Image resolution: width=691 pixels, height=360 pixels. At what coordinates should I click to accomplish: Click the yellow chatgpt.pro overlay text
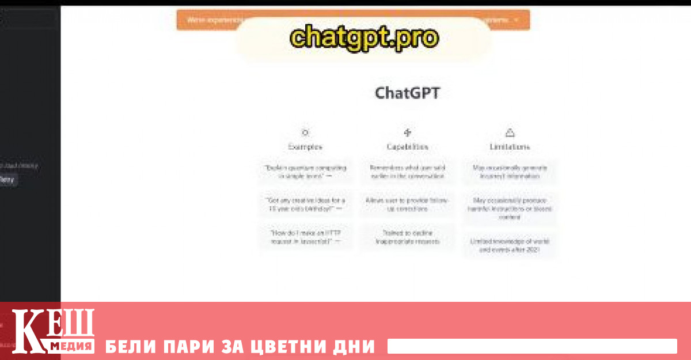coord(364,38)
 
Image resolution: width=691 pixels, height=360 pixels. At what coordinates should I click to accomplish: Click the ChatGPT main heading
coord(407,93)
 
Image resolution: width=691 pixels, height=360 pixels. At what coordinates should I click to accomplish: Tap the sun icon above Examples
coord(305,132)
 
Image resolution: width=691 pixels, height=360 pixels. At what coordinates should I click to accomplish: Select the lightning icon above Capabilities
coord(408,132)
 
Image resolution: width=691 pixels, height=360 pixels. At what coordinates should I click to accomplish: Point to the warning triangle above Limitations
coord(510,132)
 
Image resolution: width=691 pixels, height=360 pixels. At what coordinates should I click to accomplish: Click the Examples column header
coord(305,147)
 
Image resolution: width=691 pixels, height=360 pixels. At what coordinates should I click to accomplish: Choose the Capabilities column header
coord(408,147)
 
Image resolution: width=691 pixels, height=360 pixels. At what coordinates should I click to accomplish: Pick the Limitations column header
coord(510,147)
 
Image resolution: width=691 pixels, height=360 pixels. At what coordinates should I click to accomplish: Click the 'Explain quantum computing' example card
coord(305,172)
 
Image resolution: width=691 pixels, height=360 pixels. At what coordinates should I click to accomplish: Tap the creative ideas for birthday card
coord(305,204)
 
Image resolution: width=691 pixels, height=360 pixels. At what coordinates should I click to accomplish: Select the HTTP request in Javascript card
coord(305,237)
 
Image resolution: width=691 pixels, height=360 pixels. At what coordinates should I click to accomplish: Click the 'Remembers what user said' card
coord(408,172)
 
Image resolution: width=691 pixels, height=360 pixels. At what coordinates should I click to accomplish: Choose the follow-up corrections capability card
coord(408,204)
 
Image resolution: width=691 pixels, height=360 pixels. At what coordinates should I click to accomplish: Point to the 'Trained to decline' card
coord(408,237)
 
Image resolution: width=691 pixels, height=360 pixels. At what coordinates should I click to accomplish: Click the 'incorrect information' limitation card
coord(510,172)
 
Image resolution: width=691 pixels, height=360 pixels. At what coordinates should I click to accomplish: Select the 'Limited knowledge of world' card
coord(510,246)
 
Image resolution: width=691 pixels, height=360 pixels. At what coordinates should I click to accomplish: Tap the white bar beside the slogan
coord(531,346)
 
